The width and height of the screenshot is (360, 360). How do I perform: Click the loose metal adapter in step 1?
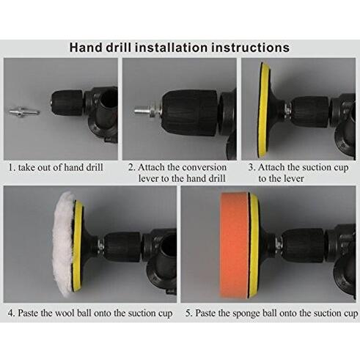click(24, 112)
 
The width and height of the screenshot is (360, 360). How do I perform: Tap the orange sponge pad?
click(235, 245)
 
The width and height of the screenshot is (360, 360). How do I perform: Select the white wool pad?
click(64, 244)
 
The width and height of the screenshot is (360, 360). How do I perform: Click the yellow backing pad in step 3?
click(263, 110)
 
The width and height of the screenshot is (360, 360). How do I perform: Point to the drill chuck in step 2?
click(189, 112)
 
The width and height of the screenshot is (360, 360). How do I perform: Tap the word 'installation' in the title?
click(171, 48)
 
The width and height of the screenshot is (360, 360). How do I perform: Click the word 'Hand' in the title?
click(86, 48)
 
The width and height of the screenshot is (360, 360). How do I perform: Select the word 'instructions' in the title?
click(250, 48)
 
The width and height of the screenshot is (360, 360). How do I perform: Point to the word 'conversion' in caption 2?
click(204, 168)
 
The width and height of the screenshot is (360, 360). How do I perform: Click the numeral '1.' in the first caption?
click(12, 168)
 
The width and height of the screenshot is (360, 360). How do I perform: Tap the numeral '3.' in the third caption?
click(252, 168)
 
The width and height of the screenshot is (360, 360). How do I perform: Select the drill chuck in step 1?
click(68, 103)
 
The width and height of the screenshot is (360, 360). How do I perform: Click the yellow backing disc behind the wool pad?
click(78, 246)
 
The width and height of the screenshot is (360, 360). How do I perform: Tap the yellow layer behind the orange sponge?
click(254, 246)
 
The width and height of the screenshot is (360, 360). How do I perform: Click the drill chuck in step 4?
click(122, 246)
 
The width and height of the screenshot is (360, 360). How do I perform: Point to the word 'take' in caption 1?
click(26, 168)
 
